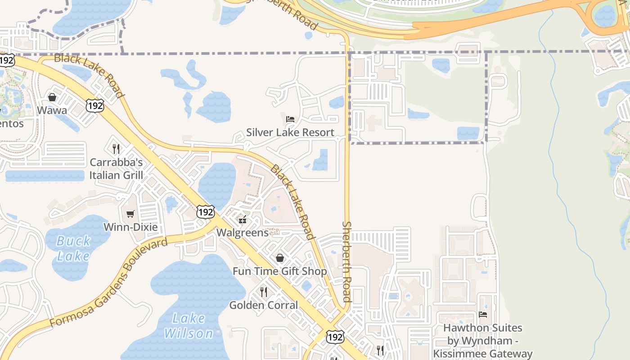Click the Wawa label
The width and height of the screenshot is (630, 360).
[x=52, y=110]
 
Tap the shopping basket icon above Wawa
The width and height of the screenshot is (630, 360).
[x=52, y=97]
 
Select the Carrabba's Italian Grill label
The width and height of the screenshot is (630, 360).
[x=116, y=169]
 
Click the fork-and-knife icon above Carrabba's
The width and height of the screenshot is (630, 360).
[x=116, y=148]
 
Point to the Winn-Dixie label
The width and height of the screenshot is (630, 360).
[x=130, y=227]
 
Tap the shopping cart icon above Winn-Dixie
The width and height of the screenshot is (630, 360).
[x=130, y=214]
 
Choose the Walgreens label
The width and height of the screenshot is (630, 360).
[x=243, y=233]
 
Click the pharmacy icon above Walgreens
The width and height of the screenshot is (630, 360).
[x=243, y=220]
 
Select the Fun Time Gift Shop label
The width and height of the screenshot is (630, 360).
[x=279, y=271]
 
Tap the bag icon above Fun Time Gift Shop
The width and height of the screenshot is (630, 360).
[x=280, y=258]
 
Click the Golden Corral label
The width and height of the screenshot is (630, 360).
[x=264, y=305]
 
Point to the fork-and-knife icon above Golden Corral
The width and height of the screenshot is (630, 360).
[x=264, y=292]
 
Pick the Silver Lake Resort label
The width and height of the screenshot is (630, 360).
[x=290, y=132]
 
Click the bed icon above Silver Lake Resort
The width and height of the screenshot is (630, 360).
[x=290, y=119]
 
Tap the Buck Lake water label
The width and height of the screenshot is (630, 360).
[x=73, y=248]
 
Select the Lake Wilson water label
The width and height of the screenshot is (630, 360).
[x=189, y=326]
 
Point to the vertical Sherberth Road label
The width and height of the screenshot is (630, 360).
[x=346, y=261]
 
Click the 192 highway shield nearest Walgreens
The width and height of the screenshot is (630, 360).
[x=206, y=211]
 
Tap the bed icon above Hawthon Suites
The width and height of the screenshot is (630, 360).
[x=483, y=315]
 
